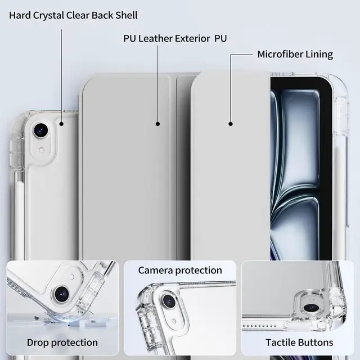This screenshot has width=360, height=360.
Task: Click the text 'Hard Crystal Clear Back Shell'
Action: [x=73, y=15]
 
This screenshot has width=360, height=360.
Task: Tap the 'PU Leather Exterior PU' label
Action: [x=175, y=39]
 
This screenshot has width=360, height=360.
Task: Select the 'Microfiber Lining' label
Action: [x=295, y=55]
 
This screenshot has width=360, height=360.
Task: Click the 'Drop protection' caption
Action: [x=62, y=342]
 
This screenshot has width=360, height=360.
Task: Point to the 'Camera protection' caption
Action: [x=180, y=271]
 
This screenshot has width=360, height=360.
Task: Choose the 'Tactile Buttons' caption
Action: [x=299, y=342]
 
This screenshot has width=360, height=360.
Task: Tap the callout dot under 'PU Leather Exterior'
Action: [x=158, y=124]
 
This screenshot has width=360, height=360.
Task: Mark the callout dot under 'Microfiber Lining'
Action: [x=230, y=124]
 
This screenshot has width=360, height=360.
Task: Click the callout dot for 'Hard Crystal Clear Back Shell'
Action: [x=61, y=123]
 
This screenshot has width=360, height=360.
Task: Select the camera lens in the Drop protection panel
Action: [x=61, y=292]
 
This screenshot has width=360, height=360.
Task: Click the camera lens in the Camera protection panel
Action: [x=168, y=301]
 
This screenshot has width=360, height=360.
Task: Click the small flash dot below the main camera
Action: [x=41, y=150]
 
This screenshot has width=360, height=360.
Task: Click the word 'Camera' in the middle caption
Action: [x=156, y=271]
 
